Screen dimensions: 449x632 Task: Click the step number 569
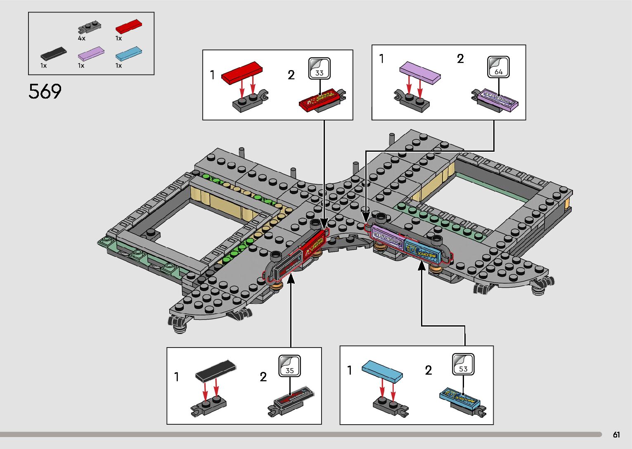45,92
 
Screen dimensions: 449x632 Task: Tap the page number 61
616,435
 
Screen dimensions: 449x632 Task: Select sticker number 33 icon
319,68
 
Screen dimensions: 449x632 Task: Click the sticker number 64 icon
498,67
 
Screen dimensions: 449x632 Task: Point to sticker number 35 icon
289,366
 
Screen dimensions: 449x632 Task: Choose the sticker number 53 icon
463,364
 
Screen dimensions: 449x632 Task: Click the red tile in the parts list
129,26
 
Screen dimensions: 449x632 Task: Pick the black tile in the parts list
54,53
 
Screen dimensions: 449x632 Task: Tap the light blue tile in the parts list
129,54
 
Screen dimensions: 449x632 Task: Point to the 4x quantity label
81,38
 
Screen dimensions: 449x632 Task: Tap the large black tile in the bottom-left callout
215,370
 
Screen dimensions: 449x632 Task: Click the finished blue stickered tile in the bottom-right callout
460,397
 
